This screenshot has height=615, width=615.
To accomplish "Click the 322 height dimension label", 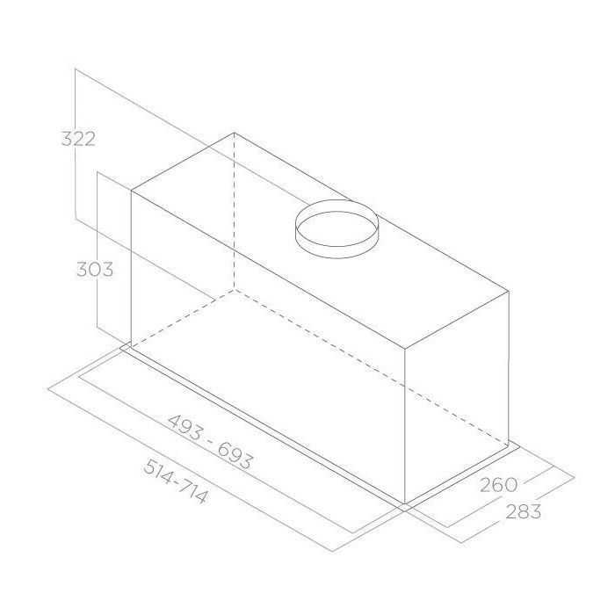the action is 78,139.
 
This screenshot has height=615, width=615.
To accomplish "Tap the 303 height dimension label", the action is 95,269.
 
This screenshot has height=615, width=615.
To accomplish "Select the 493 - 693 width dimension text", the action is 210,441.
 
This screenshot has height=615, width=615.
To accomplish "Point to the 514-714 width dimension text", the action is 175,481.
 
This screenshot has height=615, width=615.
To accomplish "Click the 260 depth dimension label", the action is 499,485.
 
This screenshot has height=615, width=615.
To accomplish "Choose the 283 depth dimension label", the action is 524,511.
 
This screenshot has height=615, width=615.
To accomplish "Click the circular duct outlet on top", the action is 336,229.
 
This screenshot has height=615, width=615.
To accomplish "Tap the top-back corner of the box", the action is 235,133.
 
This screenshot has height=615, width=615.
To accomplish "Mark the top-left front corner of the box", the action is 131,191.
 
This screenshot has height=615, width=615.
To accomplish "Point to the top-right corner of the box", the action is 509,291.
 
